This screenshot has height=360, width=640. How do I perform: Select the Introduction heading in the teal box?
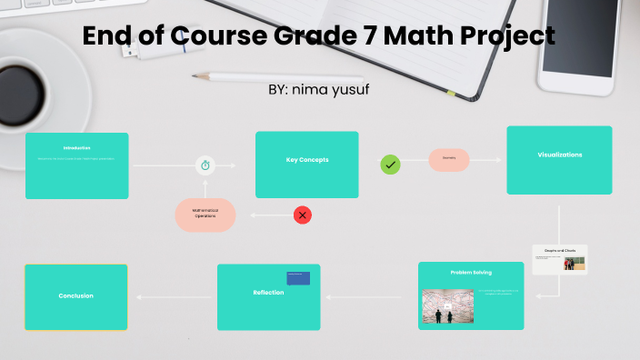tap(76, 147)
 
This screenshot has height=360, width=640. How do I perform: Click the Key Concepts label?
tap(307, 160)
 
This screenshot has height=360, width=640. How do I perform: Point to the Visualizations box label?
tap(559, 155)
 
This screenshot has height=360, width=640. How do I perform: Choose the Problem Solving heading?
tap(471, 272)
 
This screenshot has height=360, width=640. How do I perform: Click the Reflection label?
tap(268, 293)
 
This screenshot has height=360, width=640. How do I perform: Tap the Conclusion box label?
tap(75, 295)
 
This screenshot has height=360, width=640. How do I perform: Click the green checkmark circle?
tap(390, 165)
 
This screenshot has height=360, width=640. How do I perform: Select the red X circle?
tap(303, 215)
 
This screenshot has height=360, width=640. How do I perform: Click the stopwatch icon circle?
tap(205, 165)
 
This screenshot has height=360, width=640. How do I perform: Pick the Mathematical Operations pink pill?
tap(205, 215)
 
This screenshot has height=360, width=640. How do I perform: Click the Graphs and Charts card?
tap(560, 259)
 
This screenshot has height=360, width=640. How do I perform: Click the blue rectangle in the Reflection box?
tap(298, 278)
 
